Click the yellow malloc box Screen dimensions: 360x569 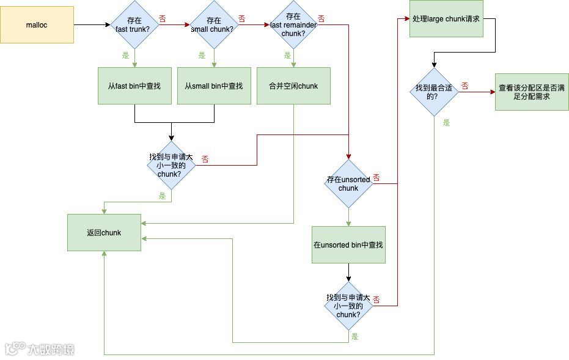pos(37,25)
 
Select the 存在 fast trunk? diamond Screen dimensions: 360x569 pos(134,25)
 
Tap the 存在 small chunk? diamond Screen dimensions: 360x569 pos(213,25)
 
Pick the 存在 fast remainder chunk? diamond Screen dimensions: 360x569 pos(293,25)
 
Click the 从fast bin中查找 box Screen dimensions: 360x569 pos(134,86)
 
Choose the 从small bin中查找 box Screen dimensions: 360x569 pos(214,86)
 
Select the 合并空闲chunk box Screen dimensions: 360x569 pos(293,86)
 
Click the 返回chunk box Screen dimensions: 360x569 pos(104,232)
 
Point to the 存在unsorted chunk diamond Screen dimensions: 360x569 pos(348,184)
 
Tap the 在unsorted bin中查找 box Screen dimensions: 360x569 pos(348,245)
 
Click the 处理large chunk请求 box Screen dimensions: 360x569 pos(446,19)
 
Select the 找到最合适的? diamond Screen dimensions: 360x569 pos(434,92)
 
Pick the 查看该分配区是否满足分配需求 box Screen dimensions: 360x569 pos(532,92)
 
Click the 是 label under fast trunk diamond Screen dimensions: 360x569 pos(126,56)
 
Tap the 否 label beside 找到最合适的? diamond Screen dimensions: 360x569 pos(465,86)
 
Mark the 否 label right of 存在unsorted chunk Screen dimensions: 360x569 pos(376,178)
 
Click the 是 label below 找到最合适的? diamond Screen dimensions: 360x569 pos(446,123)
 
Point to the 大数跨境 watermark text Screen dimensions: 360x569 pos(51,349)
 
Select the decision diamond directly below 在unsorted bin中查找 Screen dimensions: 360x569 pos(348,306)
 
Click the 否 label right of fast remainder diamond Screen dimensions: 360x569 pos(321,19)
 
